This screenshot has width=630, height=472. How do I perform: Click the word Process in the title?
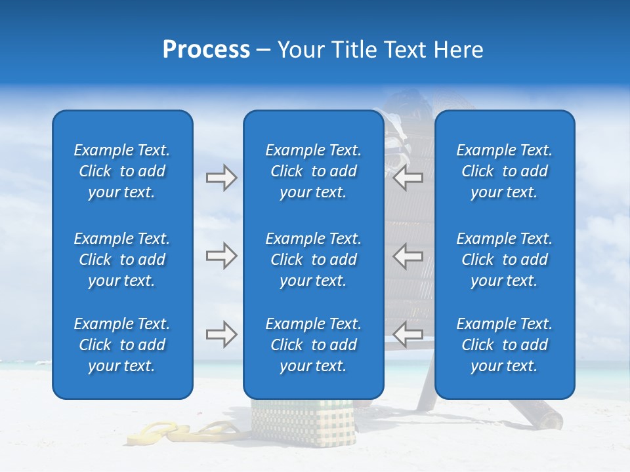coord(206,50)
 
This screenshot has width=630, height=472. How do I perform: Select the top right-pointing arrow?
coord(221,178)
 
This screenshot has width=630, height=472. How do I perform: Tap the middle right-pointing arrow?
coord(221,256)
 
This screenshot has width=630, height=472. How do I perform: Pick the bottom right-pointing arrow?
coord(221,334)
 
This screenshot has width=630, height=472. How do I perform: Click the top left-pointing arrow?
coord(408,178)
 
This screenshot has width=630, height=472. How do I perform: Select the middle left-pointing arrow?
coord(408,256)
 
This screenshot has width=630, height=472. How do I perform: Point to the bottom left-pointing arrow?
coord(408,334)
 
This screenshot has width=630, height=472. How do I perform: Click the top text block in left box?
coord(122,171)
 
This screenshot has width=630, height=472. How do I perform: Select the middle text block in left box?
coord(122,260)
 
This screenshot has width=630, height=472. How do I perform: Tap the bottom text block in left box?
coord(122,345)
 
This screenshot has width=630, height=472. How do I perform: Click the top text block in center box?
coord(314,171)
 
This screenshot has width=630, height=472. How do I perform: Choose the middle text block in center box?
coord(314,260)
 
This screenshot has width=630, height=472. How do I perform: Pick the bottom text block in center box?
coord(314,345)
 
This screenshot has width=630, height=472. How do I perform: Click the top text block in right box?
coord(505,171)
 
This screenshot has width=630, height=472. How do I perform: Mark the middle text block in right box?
coord(505,260)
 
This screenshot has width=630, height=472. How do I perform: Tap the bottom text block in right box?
coord(505,345)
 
